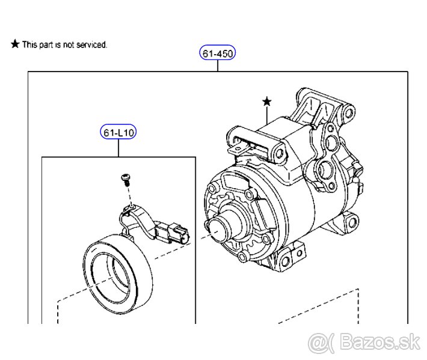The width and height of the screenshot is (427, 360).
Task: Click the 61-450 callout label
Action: (x=218, y=53)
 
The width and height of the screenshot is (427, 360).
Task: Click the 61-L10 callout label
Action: (x=118, y=132)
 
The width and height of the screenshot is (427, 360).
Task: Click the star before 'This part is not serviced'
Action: (x=15, y=44)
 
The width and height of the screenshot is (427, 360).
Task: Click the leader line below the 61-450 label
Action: (x=218, y=66)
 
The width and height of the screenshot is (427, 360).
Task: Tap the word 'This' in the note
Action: (x=29, y=45)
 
